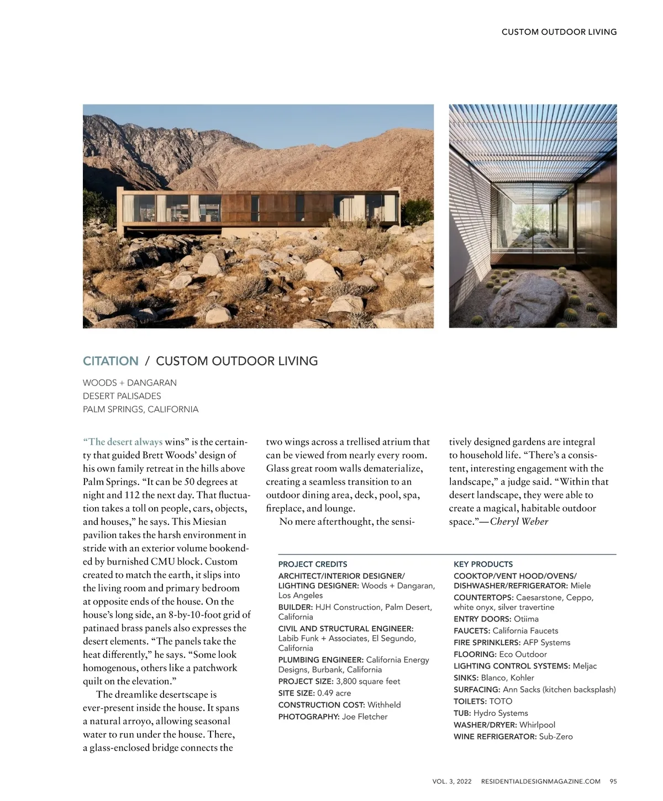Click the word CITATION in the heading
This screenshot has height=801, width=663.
point(110,361)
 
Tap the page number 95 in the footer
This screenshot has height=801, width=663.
point(613,781)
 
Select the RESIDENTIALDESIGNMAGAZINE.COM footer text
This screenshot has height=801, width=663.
point(540,781)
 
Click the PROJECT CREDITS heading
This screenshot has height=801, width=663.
point(313,564)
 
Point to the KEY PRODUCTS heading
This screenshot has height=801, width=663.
point(483,564)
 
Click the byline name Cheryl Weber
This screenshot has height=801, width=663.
point(519,521)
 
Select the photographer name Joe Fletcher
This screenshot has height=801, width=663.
point(365,716)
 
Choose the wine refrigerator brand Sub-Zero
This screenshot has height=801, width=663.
point(556,736)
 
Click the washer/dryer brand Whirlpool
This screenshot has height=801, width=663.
point(537,725)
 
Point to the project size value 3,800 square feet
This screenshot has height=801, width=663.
point(368,681)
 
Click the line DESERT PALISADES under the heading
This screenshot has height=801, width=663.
point(122,396)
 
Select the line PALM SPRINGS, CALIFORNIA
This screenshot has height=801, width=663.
point(140,409)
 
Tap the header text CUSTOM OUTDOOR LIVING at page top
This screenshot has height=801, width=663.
point(559,32)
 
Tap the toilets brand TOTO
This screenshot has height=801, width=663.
point(501,701)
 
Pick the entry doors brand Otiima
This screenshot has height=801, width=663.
point(526,619)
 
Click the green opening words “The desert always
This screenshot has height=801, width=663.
point(123,442)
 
